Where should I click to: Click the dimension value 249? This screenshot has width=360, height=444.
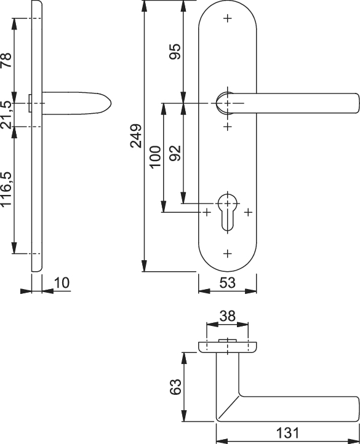tap(136, 136)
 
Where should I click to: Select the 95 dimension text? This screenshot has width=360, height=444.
tap(175, 51)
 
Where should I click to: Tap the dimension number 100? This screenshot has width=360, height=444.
tap(155, 157)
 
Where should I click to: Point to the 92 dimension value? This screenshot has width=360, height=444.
tap(175, 153)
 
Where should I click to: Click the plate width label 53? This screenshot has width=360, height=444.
tap(227, 283)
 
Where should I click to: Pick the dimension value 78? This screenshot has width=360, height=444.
tap(6, 60)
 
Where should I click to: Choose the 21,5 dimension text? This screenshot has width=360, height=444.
tap(6, 114)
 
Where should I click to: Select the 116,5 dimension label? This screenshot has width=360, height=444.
tap(6, 189)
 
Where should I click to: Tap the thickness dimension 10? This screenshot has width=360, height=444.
tap(62, 283)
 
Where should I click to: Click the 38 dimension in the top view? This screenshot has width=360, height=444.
tap(227, 316)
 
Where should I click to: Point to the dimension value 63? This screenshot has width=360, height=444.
tap(175, 387)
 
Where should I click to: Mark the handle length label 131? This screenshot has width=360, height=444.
tap(287, 433)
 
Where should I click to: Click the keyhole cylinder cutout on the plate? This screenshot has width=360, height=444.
tap(227, 212)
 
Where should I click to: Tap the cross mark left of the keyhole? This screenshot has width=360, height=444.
tap(207, 212)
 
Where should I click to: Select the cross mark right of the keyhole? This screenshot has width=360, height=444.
tap(249, 212)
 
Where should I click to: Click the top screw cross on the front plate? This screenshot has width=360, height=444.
tap(227, 18)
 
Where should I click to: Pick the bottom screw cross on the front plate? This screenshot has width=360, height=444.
tap(227, 253)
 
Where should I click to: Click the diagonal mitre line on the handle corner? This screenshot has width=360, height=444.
tap(228, 407)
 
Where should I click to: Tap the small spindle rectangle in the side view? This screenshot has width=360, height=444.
tap(30, 103)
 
